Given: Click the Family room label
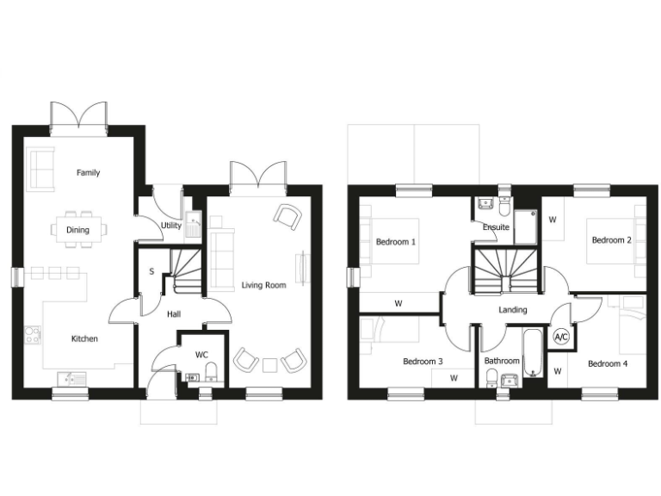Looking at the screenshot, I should point(88,172).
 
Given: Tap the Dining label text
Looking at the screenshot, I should point(77,230).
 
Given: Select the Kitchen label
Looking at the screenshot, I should point(83,338).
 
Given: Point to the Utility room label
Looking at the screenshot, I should point(171,226).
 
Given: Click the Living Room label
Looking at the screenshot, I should point(263,284).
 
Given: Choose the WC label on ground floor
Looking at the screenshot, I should point(201,354).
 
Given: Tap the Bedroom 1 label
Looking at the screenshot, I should point(396,242).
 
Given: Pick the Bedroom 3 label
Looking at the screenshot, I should point(423,363).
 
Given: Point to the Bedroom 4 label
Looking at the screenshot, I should point(608,363).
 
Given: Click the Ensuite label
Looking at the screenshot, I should point(496,227).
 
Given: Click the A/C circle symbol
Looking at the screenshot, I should point(562,336).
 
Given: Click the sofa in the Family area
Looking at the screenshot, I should point(41,168).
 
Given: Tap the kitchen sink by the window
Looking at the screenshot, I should point(68,377).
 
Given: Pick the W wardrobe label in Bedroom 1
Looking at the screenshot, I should point(398,303).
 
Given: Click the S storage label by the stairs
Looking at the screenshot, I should point(151,272).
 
